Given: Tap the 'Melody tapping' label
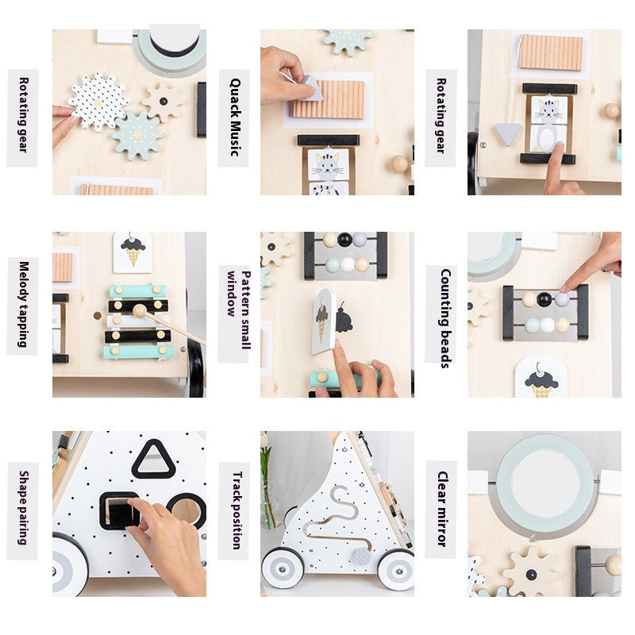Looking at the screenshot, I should point(22,305).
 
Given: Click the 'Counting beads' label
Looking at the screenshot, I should point(442,316).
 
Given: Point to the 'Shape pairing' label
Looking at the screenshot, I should point(22,507).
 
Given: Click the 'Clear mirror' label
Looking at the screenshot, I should point(442,509).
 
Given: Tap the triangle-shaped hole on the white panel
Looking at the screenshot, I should point(153,460).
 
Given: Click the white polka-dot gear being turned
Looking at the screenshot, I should point(97,102).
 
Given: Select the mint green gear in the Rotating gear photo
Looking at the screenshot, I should point(137,135).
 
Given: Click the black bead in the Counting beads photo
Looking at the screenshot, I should point(545,299).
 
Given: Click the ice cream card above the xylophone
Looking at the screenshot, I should point(133,252).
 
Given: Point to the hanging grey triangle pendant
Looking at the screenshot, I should point(508,133).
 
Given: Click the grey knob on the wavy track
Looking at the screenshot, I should point(360,556).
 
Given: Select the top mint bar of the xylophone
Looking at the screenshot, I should point(138,291).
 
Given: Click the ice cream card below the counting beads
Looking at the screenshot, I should point(542,378).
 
